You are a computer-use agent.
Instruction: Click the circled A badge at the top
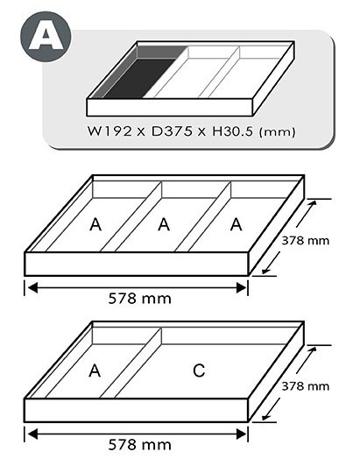(x=46, y=37)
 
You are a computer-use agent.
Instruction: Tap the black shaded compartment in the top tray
(x=140, y=78)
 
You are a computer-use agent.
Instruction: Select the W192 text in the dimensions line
(x=109, y=131)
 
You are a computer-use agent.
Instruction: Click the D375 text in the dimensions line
(x=172, y=131)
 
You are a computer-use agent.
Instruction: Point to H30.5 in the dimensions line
(x=232, y=131)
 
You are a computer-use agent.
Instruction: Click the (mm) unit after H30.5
(x=278, y=132)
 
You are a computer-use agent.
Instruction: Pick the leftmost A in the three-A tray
(x=95, y=225)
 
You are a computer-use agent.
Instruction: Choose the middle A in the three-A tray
(x=164, y=225)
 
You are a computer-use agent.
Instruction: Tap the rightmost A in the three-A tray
(x=236, y=225)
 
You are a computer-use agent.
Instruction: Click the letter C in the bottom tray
(x=199, y=371)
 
